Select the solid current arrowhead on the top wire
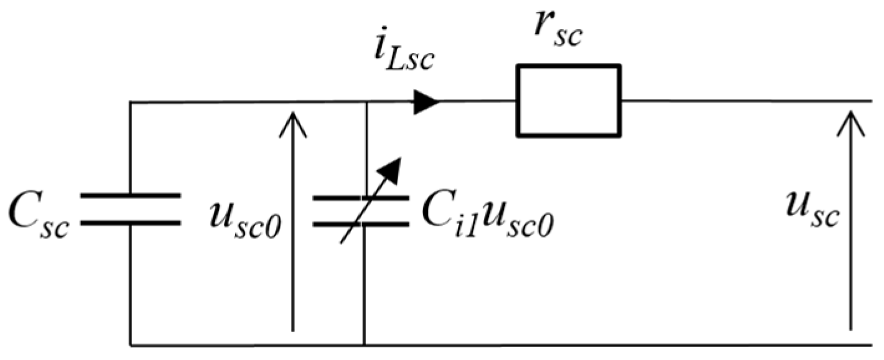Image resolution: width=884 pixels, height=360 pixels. coord(427,101)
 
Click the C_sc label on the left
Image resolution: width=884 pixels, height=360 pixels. coord(39,213)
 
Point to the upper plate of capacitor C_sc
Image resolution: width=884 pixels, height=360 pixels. coord(130,196)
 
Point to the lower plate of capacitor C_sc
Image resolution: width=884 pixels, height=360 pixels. coord(130,221)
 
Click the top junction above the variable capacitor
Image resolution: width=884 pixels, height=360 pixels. coord(365,101)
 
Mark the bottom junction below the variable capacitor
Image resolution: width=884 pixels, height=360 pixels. coord(364,344)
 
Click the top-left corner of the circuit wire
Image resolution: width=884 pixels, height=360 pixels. coord(130,101)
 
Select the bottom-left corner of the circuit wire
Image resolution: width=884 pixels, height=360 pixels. coord(130,344)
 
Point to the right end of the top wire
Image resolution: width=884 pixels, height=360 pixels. coord(871,101)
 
